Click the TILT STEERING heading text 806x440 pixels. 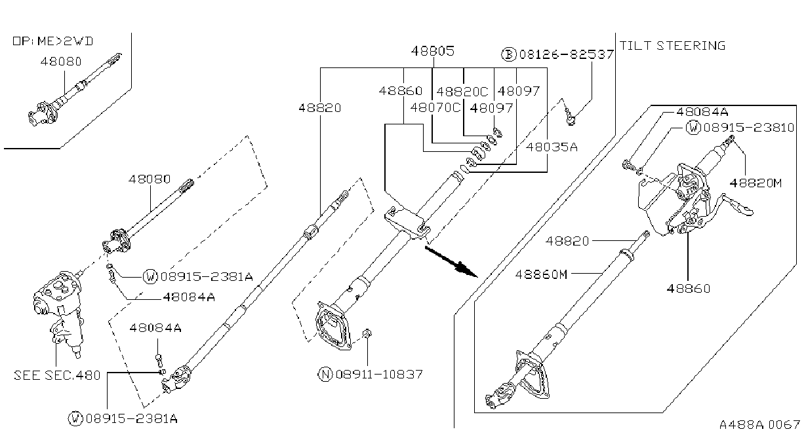point(672,46)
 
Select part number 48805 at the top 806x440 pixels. point(432,50)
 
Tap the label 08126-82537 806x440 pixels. point(567,54)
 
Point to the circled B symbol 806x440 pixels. point(509,54)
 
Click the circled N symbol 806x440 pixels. point(325,375)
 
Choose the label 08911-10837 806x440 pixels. point(379,375)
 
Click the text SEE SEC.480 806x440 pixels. point(57,375)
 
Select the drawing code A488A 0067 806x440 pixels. point(759,424)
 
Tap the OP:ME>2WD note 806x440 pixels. point(53,41)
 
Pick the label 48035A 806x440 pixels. point(552,147)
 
